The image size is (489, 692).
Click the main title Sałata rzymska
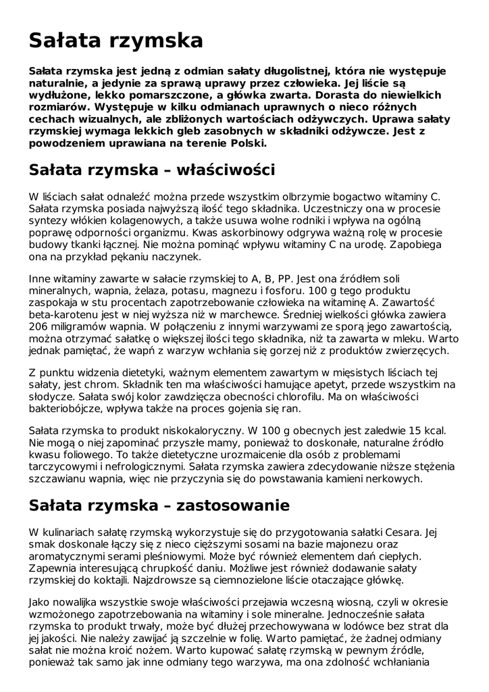click(115, 41)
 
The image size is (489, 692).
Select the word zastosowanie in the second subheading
click(233, 505)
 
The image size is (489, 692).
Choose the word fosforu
click(292, 291)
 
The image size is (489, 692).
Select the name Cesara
click(403, 532)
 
